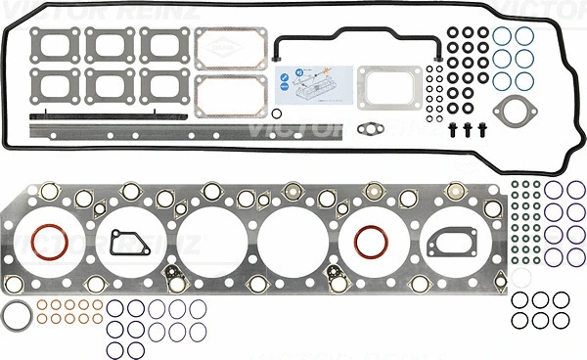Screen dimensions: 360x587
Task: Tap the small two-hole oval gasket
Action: click(370, 126)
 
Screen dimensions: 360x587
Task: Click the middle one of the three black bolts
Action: click(468, 129)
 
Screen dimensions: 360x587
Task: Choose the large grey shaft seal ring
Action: click(16, 317)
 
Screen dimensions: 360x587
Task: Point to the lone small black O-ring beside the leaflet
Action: click(277, 113)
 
